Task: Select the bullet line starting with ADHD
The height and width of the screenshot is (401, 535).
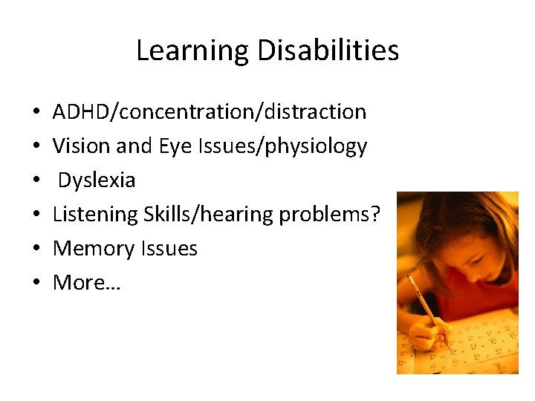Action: coord(209,112)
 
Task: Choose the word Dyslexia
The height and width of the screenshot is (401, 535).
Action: coord(97,180)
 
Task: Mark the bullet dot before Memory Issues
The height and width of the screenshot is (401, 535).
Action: coord(36,249)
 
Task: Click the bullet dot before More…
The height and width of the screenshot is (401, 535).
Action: coord(36,283)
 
